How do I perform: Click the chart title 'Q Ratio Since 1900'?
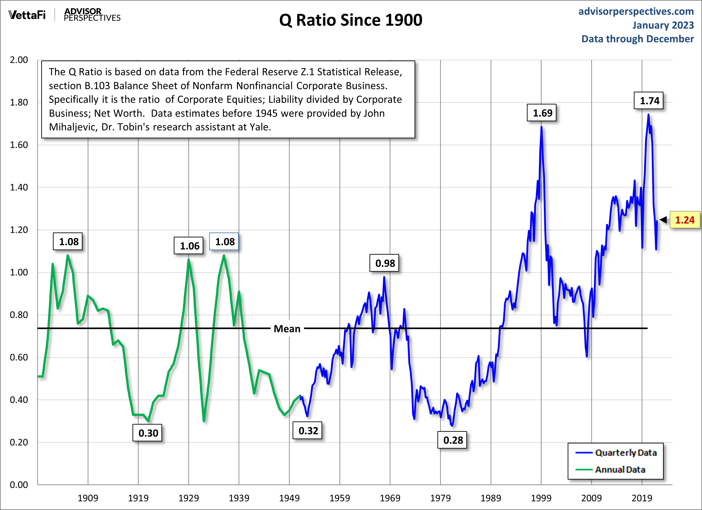(350, 20)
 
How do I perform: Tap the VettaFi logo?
(27, 15)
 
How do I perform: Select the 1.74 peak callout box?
(649, 101)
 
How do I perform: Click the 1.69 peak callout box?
(542, 113)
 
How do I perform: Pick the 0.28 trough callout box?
(452, 440)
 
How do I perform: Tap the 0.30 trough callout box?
(148, 433)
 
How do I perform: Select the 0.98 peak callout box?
(385, 263)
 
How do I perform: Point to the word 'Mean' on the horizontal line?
(287, 329)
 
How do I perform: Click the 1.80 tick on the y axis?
(19, 102)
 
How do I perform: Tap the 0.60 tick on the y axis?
(19, 357)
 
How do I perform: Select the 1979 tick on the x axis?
(440, 498)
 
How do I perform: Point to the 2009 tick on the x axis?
(591, 498)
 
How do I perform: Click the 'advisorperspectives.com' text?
(636, 11)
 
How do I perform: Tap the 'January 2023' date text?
(663, 25)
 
